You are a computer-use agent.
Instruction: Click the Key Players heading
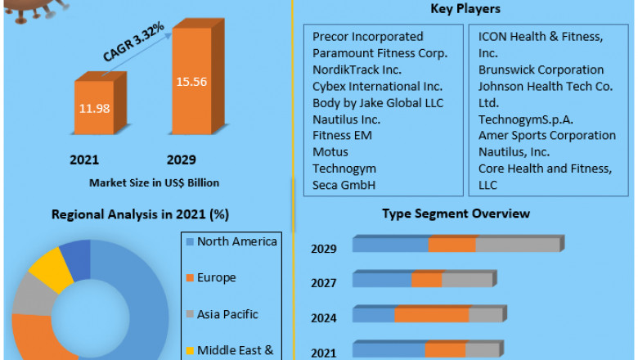465,9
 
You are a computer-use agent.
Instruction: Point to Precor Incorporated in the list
368,37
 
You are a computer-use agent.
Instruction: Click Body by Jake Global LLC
378,102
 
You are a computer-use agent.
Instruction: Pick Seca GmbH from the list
344,185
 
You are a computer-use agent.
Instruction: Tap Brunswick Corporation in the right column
541,70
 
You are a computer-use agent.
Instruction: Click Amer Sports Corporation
547,135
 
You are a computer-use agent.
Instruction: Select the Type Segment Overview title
456,214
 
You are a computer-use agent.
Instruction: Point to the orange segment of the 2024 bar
432,315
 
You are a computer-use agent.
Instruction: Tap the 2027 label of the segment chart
323,282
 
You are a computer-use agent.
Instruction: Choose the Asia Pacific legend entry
227,313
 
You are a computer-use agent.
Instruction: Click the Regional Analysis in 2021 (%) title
140,214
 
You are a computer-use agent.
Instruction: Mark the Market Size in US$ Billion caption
154,182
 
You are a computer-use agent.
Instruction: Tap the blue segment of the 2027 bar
382,280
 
